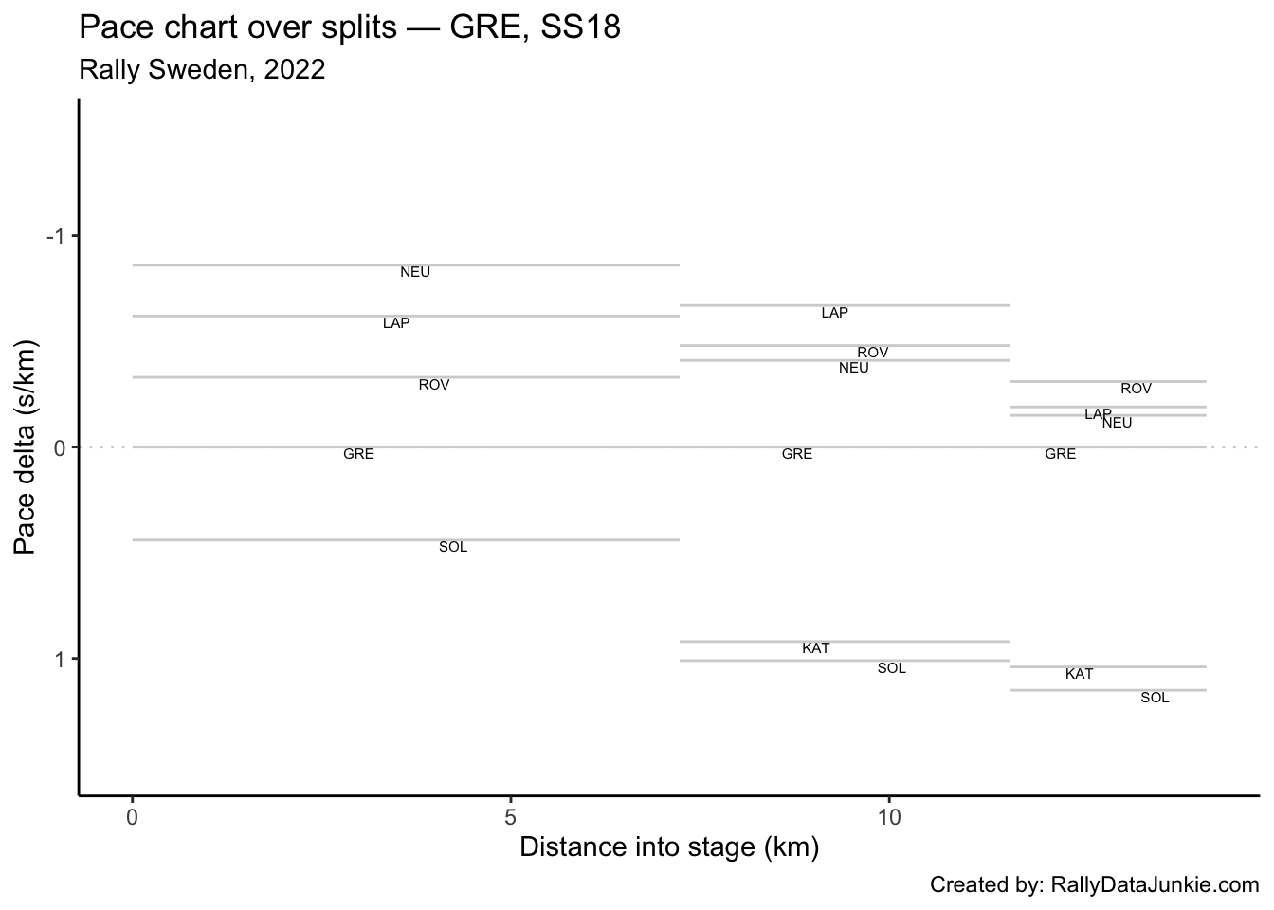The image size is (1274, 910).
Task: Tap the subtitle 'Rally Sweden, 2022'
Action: coord(202,69)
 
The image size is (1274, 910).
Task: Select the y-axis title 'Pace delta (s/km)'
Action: coord(27,446)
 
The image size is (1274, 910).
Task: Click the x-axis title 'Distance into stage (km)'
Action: coord(668,846)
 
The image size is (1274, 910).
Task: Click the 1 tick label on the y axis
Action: coord(59,659)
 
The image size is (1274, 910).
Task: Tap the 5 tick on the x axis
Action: coord(511,816)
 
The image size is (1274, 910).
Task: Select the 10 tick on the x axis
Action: coord(888,816)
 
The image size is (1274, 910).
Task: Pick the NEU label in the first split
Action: coord(415,273)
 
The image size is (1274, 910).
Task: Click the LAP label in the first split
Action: coord(396,324)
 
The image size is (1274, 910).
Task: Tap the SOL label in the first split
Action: coord(453,548)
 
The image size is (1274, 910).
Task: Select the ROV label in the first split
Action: coord(434,386)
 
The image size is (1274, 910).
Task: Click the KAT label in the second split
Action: coord(816,649)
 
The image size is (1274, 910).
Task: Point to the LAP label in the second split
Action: coord(835,314)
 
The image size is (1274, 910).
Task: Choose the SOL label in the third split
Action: coord(1155,699)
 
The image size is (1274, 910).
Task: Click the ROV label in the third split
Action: coord(1136,390)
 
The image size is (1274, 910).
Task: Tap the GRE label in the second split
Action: coord(797,455)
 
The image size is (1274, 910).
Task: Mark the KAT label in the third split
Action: coord(1079,675)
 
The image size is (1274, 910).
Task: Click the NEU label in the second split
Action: coord(854,369)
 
